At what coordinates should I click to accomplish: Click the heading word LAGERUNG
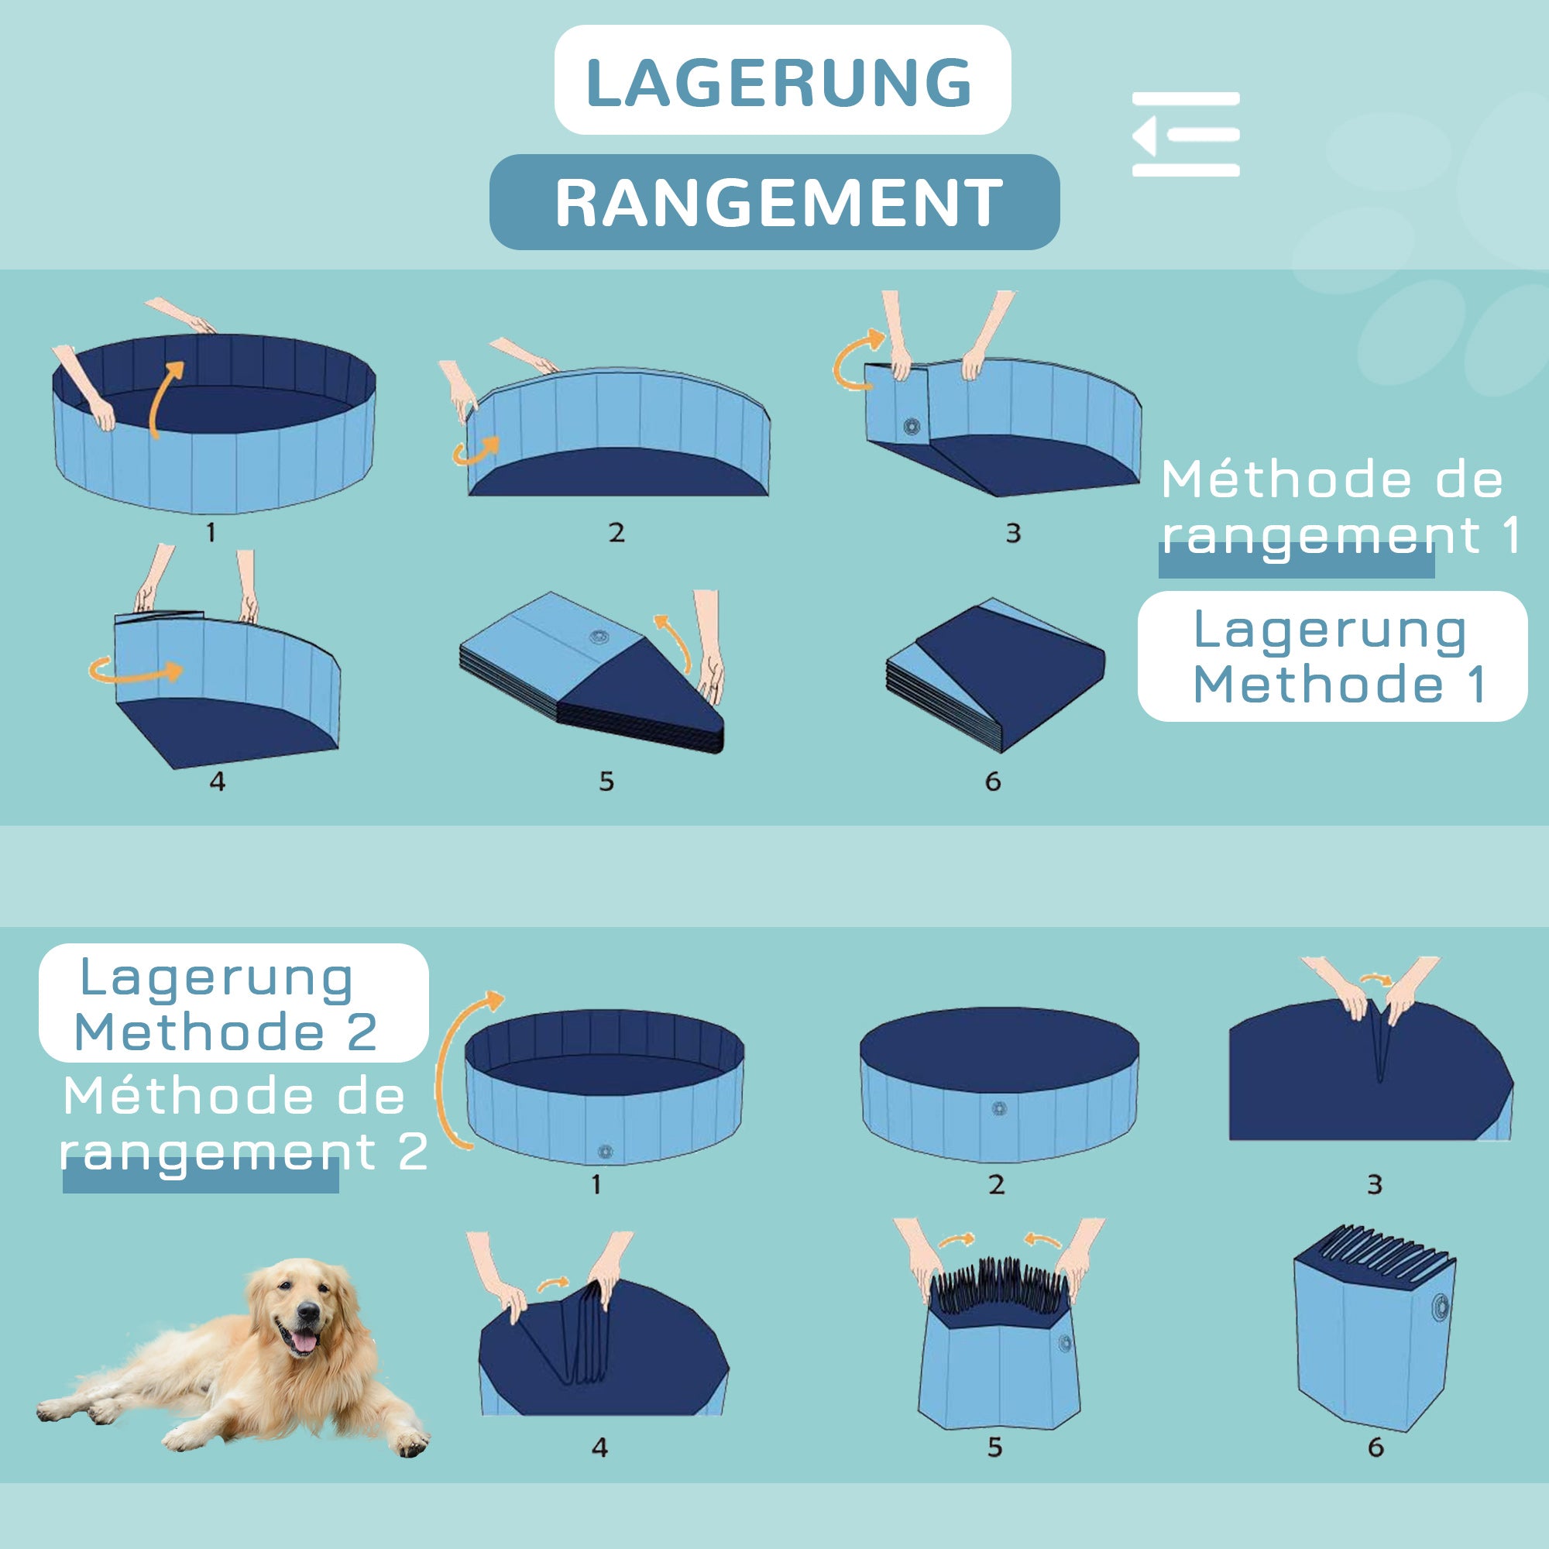pos(779,82)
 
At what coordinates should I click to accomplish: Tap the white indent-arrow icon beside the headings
pos(1185,135)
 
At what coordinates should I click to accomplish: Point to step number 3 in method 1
pos(1013,533)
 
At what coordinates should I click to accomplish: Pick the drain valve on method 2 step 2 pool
pos(999,1109)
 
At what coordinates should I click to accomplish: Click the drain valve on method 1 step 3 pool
pos(912,427)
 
